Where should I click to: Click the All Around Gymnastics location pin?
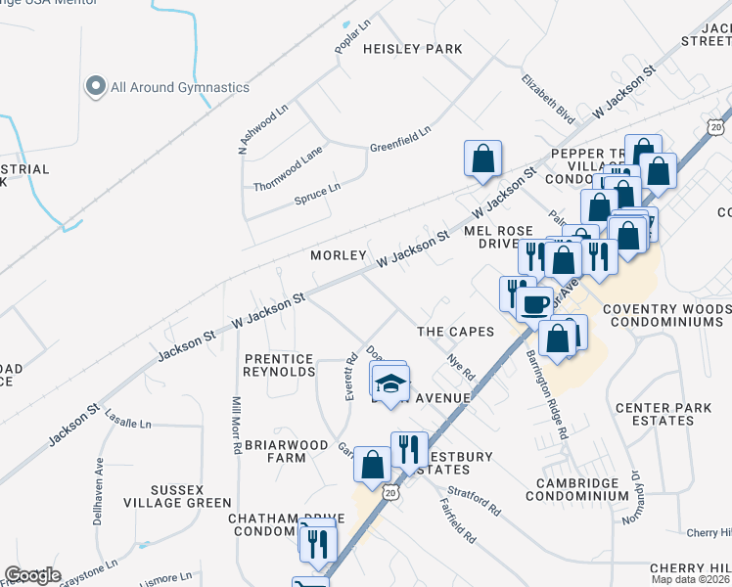point(96,87)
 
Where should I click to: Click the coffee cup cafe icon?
point(534,303)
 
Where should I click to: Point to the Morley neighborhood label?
point(338,254)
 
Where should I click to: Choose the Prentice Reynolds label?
point(280,365)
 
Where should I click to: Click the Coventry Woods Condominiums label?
point(666,314)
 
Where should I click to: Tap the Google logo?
point(32,575)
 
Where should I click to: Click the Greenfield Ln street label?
point(399,140)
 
